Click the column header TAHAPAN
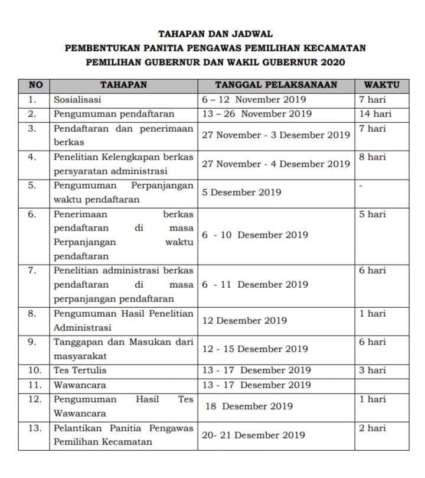click(x=123, y=85)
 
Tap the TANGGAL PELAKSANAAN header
click(x=276, y=85)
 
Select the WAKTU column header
click(x=382, y=85)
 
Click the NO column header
click(x=34, y=85)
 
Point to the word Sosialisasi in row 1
click(x=77, y=100)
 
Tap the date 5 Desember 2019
click(x=241, y=193)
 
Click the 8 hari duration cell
click(x=372, y=157)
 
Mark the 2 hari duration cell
click(x=372, y=428)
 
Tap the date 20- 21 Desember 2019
click(x=253, y=435)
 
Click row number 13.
click(x=34, y=428)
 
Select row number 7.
click(x=34, y=271)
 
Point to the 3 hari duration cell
click(x=372, y=370)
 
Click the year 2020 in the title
click(x=333, y=62)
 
